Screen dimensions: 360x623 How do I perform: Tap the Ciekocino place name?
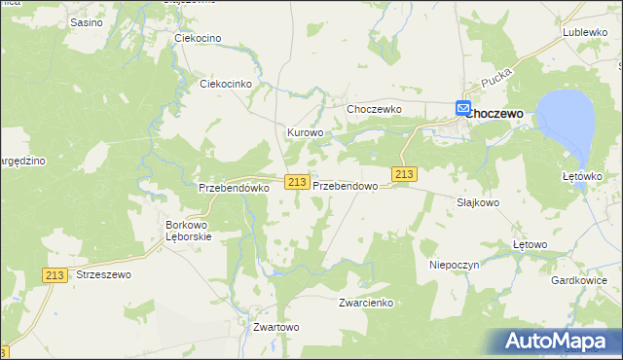(x=198, y=38)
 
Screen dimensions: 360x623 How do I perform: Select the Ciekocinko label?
(x=226, y=84)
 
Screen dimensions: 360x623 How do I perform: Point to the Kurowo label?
(x=305, y=131)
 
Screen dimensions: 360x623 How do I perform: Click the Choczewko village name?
(x=375, y=109)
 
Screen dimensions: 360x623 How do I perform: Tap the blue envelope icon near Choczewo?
(x=463, y=110)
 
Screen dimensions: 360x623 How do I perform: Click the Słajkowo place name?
(x=478, y=202)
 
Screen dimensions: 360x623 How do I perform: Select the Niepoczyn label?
(x=451, y=264)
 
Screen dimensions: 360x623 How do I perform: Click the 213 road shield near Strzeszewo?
(x=55, y=275)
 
